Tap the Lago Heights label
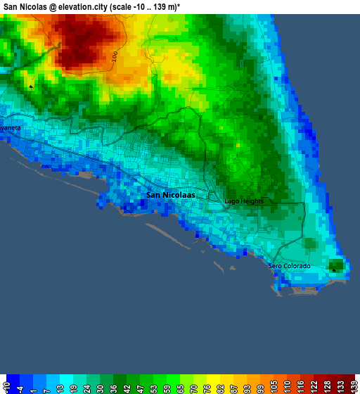tap(244, 201)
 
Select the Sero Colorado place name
tap(289, 266)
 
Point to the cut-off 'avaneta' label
tap(11, 128)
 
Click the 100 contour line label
tap(115, 56)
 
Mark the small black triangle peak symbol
tap(31, 87)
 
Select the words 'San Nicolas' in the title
tap(23, 6)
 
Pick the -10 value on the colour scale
tap(7, 386)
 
